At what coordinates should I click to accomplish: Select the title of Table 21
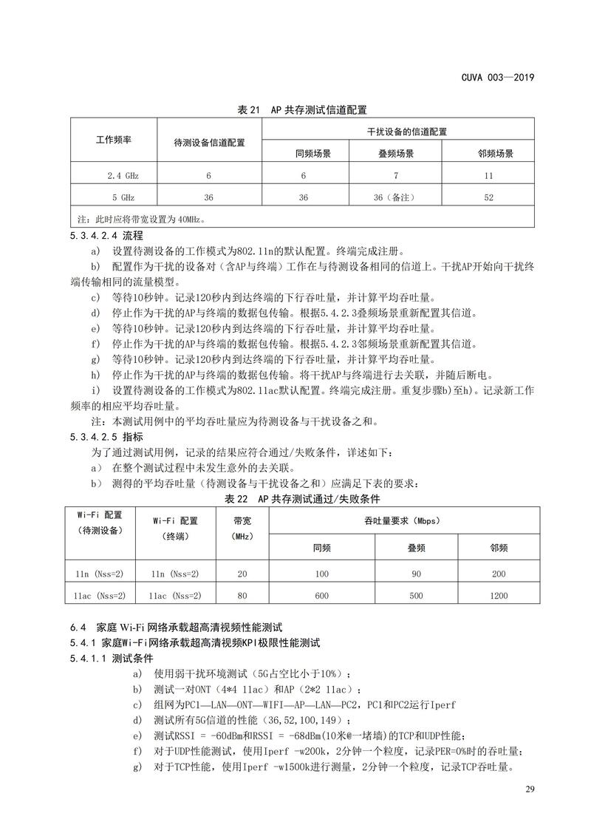coord(302,110)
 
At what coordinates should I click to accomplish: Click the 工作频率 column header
coord(114,139)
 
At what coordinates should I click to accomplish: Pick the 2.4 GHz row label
coord(123,176)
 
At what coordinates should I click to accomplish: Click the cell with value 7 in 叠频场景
coord(395,176)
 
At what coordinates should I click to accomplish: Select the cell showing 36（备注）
coord(395,197)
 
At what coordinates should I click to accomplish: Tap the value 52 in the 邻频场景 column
coord(488,197)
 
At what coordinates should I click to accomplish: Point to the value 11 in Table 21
coord(488,176)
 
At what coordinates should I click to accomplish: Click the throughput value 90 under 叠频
coord(417,574)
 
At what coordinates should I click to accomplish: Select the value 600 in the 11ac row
coord(321,595)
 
